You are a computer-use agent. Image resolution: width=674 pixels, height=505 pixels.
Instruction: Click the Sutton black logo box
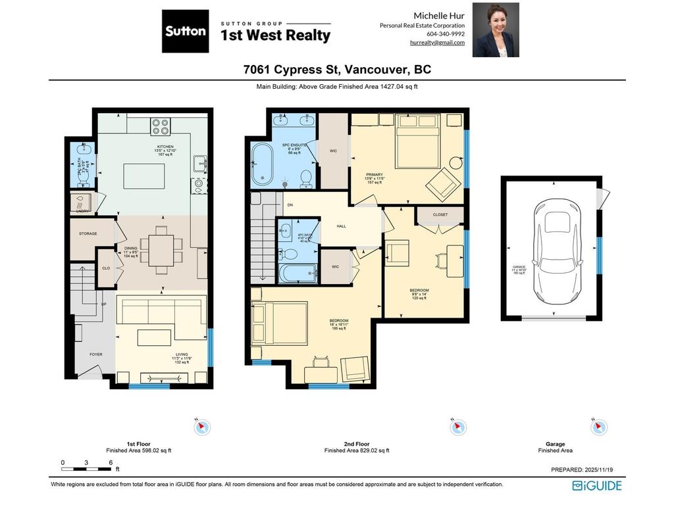(x=185, y=31)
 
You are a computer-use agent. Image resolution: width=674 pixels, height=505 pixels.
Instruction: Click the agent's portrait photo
(x=496, y=30)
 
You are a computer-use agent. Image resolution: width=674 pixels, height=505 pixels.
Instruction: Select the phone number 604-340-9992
(x=446, y=34)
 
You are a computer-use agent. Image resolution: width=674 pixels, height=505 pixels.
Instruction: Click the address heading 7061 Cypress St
(x=337, y=70)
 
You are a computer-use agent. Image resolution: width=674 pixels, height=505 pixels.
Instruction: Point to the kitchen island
(x=143, y=176)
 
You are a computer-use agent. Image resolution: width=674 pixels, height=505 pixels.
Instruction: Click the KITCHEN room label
(x=165, y=147)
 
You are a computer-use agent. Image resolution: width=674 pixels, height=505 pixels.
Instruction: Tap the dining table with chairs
(x=161, y=251)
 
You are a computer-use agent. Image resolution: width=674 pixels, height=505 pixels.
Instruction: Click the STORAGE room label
(x=88, y=233)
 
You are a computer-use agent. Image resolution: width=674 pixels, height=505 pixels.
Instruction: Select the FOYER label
(x=96, y=354)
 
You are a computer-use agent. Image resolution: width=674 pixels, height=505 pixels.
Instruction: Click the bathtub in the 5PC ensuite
(x=262, y=163)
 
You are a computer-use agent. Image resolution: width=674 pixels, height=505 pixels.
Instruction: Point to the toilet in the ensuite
(x=305, y=178)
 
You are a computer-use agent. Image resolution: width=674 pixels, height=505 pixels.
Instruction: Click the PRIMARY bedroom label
(x=374, y=175)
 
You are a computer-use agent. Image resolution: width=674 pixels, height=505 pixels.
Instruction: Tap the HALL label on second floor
(x=341, y=226)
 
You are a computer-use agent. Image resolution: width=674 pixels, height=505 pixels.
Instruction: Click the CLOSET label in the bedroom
(x=440, y=215)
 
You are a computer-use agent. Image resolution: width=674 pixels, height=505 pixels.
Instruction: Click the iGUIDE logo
(x=596, y=486)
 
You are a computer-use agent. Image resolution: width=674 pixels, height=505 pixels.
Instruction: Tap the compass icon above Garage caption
(x=599, y=427)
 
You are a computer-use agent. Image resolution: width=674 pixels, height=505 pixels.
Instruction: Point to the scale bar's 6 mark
(x=109, y=463)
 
